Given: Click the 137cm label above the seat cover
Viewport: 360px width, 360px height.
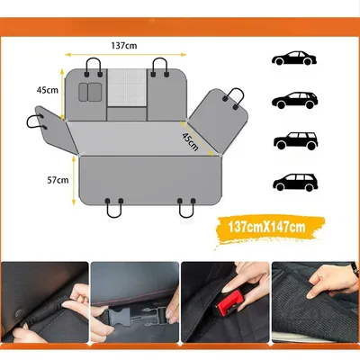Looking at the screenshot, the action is tap(124, 46).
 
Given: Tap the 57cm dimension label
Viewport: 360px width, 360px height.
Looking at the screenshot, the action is tap(58, 180).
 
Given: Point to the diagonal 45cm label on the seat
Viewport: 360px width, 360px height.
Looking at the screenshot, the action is tap(190, 141).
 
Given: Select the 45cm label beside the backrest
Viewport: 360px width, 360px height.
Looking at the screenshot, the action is tap(48, 90).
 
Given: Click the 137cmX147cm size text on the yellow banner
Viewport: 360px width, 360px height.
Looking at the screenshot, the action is tap(266, 227).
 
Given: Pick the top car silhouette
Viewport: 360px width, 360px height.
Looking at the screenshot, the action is tap(294, 58).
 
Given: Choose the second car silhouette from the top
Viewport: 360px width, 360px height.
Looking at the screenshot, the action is tap(294, 100).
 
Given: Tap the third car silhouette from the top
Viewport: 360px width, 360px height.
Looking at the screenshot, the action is tap(296, 140).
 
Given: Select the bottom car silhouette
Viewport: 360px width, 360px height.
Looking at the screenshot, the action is tap(295, 182).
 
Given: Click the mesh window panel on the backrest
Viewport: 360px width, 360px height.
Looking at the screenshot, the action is tap(127, 87).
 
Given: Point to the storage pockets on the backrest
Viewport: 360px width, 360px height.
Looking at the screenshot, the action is tap(90, 92).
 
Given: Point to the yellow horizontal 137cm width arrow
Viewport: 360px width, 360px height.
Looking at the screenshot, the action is tap(126, 55).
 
